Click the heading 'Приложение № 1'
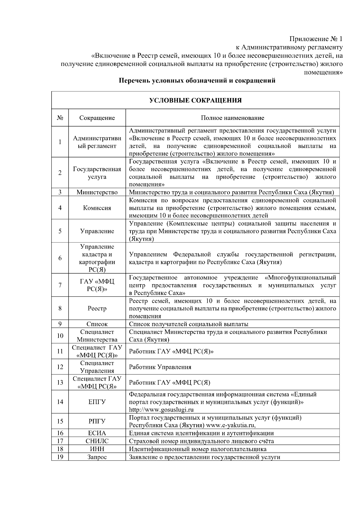[x=316, y=39]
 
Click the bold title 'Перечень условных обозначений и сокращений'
[x=197, y=81]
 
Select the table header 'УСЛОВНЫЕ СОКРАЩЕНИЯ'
[x=195, y=100]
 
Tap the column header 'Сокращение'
[x=97, y=118]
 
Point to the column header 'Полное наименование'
[x=232, y=118]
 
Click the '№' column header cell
[x=60, y=118]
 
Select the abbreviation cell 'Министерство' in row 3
[x=97, y=192]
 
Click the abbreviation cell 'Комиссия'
[x=97, y=208]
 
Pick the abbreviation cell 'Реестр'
[x=97, y=308]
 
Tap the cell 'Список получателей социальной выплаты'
[x=188, y=324]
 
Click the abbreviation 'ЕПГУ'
[x=97, y=402]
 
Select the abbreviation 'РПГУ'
[x=97, y=421]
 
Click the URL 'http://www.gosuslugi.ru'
[x=161, y=409]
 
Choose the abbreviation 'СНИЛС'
[x=97, y=441]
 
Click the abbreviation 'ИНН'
[x=97, y=449]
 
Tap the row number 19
[x=60, y=457]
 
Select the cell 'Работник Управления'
[x=160, y=367]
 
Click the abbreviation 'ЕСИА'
[x=97, y=433]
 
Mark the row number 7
[x=60, y=285]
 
